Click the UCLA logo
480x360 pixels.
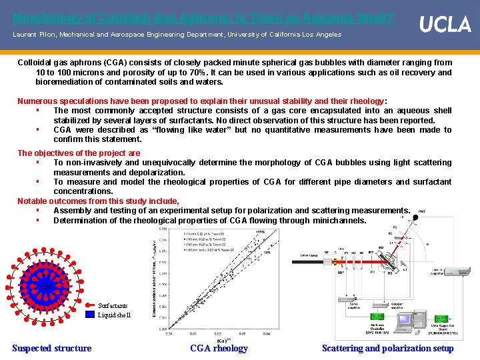pyautogui.click(x=445, y=25)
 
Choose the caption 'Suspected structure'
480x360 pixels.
pyautogui.click(x=52, y=347)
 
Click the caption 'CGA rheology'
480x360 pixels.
pyautogui.click(x=219, y=347)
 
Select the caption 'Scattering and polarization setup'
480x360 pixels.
pyautogui.click(x=388, y=347)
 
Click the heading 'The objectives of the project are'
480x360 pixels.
pyautogui.click(x=79, y=153)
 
